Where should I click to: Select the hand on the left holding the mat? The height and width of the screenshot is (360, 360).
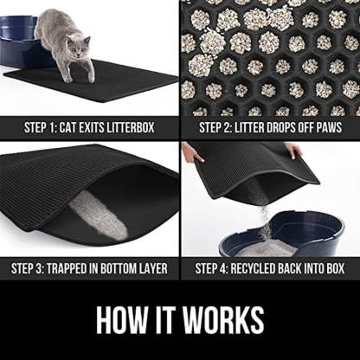(191, 153)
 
